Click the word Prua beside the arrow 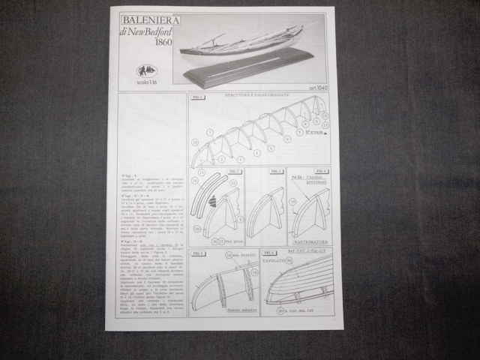tap(313, 132)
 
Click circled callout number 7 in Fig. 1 tap(298, 131)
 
